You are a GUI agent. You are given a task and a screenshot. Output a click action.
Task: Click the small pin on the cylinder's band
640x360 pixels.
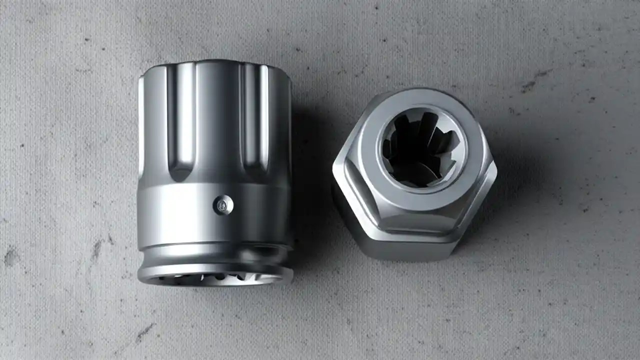coord(223,204)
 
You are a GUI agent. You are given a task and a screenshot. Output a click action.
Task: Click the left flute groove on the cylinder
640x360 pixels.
coord(181,120)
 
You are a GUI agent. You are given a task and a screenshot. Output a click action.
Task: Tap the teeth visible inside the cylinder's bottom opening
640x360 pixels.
coord(220,277)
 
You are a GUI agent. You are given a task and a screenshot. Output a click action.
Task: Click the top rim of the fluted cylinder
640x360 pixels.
coord(215,65)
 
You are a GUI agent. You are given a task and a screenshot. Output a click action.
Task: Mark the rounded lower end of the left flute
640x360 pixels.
coord(181,172)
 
